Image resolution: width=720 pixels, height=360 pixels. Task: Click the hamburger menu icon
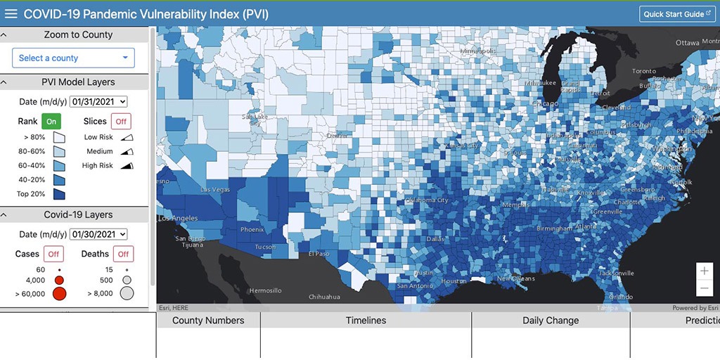11,14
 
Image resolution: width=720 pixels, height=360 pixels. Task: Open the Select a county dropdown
73,58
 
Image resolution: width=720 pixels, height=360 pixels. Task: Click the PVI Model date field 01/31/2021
98,102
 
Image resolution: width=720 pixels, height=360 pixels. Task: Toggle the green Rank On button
51,121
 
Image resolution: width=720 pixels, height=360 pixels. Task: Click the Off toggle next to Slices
121,121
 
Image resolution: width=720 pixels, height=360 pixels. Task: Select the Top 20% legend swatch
59,194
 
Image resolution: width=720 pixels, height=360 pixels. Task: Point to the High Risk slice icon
127,166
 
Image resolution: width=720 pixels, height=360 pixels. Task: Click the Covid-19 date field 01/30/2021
98,234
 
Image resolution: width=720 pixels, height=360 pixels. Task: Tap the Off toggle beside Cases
54,254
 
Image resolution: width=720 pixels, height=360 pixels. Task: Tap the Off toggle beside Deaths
123,254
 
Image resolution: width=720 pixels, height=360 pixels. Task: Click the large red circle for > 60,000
59,294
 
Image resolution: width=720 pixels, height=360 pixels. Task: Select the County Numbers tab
208,321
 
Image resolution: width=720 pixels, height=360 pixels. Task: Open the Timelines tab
366,321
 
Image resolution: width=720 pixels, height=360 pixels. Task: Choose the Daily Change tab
551,321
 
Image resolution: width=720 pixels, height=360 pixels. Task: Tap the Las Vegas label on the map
215,190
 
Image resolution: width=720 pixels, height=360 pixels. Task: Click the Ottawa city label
687,43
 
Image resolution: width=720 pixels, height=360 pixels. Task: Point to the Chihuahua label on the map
323,297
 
